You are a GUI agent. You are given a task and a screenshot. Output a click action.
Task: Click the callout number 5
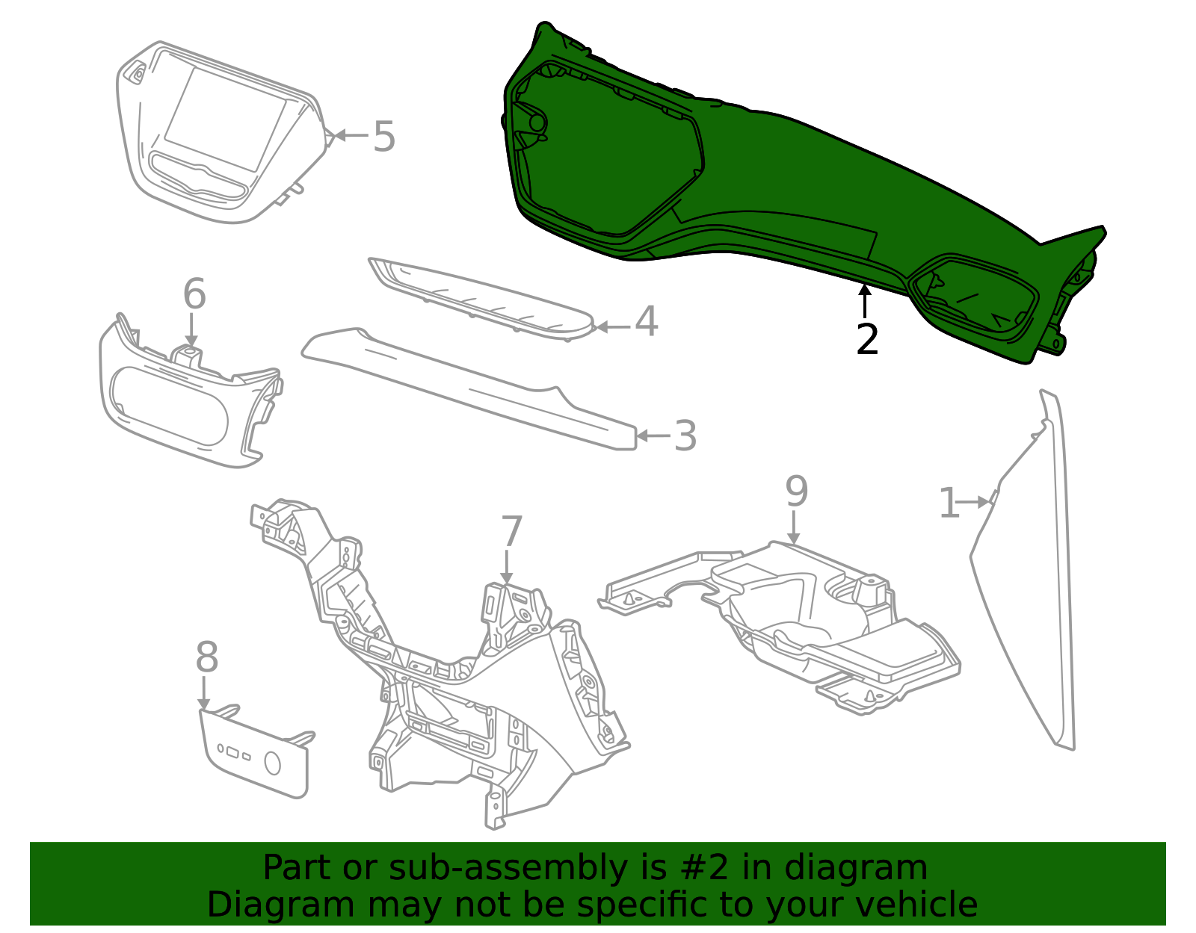coord(383,137)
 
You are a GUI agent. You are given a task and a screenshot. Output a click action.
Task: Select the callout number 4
coord(646,322)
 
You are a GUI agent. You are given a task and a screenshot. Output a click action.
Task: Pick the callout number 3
coord(685,436)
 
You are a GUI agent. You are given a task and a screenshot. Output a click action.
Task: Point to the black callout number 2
coord(867,340)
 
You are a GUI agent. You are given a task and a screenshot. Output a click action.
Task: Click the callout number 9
coord(796,492)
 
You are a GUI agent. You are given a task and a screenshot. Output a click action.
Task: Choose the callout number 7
coord(511,533)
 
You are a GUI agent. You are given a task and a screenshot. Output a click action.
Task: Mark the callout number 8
coord(207,658)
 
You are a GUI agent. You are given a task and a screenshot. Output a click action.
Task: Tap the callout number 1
coord(948,503)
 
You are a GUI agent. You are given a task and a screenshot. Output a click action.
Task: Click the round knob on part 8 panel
coord(273,763)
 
